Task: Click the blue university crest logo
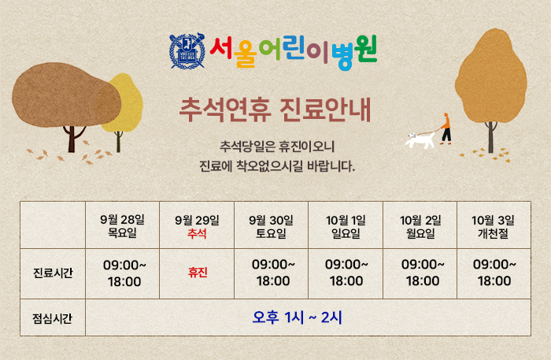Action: click(187, 50)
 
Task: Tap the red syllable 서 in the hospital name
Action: click(221, 48)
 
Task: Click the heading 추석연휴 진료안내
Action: click(275, 109)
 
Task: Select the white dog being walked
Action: click(420, 140)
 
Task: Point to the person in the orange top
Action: click(446, 128)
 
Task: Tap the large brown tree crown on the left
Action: click(66, 95)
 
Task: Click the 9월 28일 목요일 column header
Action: click(122, 226)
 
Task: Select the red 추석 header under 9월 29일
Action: click(197, 233)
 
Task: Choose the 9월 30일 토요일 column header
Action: click(271, 226)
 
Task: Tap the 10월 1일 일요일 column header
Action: click(346, 226)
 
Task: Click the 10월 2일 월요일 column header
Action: click(420, 226)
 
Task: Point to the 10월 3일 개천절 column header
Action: click(493, 226)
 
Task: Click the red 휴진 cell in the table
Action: click(198, 273)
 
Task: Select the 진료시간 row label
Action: click(53, 273)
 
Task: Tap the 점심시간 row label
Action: click(53, 318)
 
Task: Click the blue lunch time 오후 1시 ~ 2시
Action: click(297, 317)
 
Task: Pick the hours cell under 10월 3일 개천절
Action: click(494, 273)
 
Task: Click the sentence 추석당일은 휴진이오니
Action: click(277, 147)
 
